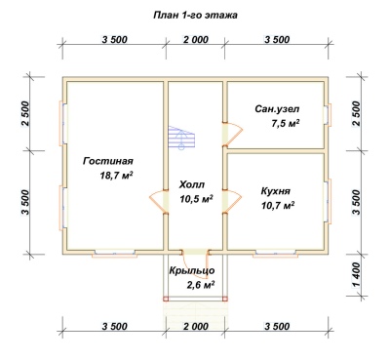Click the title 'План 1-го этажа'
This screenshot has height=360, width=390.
195,16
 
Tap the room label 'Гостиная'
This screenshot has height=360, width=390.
108,161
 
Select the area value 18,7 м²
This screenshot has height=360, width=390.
117,176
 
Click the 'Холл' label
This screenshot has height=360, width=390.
192,184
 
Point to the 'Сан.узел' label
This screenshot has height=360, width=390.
277,109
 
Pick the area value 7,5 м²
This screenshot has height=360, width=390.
285,123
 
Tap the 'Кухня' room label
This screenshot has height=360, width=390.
275,190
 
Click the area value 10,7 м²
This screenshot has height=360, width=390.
278,205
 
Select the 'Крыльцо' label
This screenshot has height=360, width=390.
192,270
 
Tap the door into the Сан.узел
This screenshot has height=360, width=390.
231,134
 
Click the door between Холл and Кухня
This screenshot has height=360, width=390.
231,201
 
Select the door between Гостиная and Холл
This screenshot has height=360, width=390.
159,201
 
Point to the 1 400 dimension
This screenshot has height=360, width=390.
357,275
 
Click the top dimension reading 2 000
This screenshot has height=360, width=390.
196,40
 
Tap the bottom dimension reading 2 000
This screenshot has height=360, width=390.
196,326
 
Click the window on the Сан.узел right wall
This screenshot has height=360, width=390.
328,114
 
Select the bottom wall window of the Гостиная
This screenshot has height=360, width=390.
114,254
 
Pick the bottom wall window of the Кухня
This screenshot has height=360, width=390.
276,254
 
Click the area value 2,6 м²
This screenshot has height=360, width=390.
200,285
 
